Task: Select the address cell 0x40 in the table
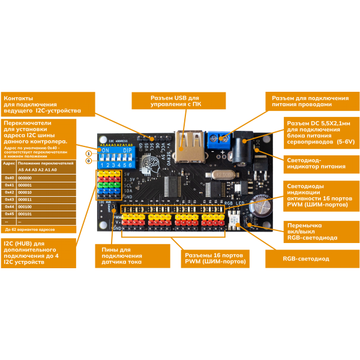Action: (9, 178)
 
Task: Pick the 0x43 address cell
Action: (9, 199)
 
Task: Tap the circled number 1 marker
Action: (88, 154)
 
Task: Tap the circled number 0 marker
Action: (88, 160)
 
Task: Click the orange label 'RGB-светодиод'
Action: (306, 259)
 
